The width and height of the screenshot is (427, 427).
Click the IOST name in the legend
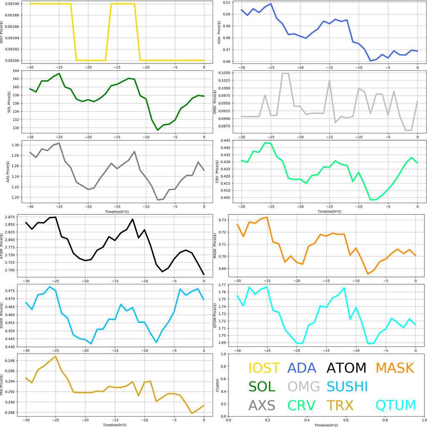pos(264,368)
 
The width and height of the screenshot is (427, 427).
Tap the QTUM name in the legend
pos(396,405)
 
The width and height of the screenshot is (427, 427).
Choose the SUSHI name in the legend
pos(347,387)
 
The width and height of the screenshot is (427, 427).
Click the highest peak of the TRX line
pos(55,357)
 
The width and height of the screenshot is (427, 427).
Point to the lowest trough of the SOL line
pos(158,130)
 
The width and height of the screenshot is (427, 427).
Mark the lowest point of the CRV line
pos(371,200)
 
